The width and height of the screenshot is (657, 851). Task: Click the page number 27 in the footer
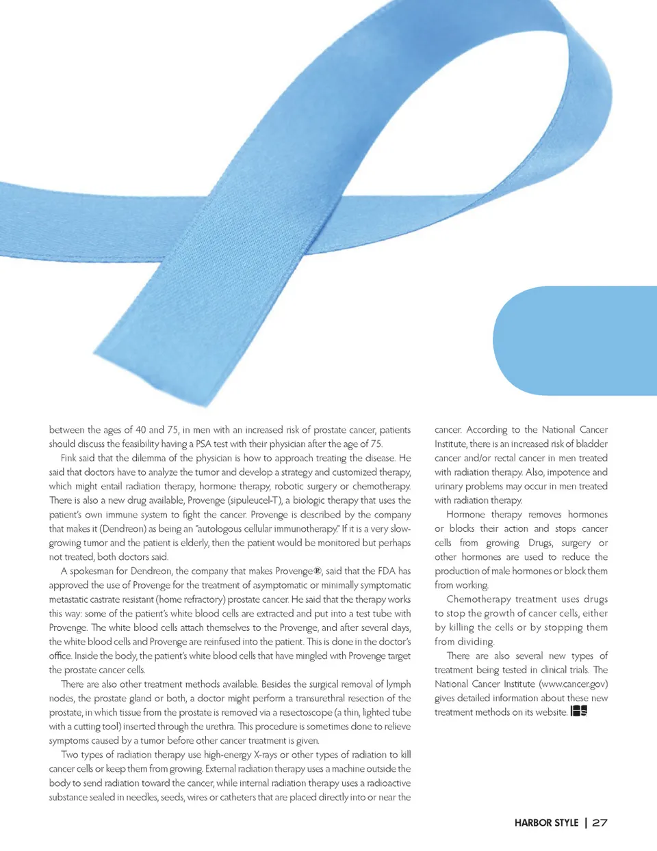600,823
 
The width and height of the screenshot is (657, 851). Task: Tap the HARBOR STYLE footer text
546,823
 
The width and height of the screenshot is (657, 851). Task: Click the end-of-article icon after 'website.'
579,712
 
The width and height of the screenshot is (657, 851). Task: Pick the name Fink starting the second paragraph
69,458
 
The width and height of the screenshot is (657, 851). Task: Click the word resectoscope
305,712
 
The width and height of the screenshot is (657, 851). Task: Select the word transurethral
323,698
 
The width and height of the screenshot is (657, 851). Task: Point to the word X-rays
265,755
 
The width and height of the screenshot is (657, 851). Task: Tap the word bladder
591,444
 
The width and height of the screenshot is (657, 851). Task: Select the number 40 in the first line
140,430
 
